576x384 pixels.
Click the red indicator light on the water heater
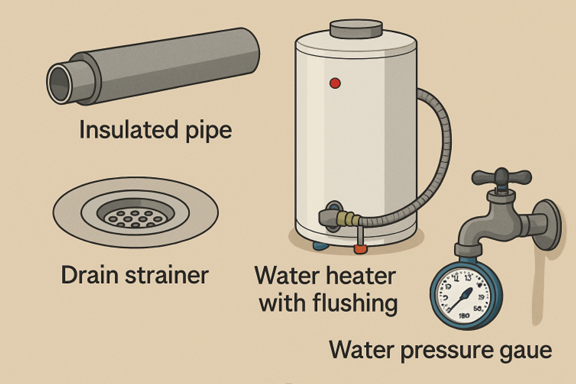(x=335, y=83)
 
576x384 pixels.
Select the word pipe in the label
(x=208, y=132)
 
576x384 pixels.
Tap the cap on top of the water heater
(x=356, y=28)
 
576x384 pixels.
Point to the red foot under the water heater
(x=360, y=249)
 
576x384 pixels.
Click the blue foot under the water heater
(x=320, y=245)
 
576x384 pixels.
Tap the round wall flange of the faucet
(x=549, y=224)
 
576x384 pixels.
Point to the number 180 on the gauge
(x=464, y=314)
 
